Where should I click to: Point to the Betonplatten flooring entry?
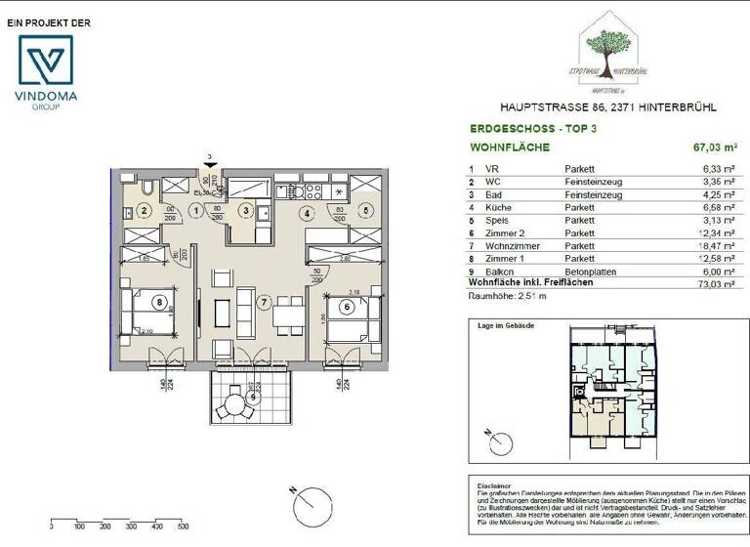pyautogui.click(x=592, y=271)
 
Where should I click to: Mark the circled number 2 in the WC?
pyautogui.click(x=143, y=209)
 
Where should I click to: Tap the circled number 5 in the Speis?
pyautogui.click(x=363, y=209)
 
